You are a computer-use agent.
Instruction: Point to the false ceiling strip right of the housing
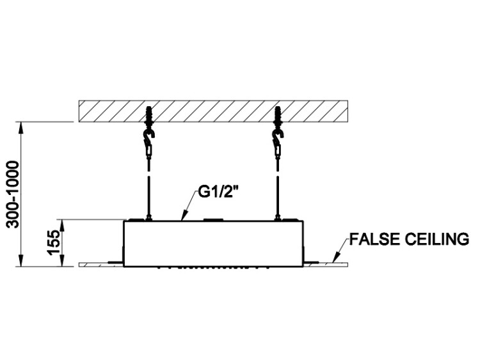pos(330,263)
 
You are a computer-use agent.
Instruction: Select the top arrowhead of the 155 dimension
pos(63,223)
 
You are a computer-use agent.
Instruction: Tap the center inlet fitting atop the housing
pos(212,220)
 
